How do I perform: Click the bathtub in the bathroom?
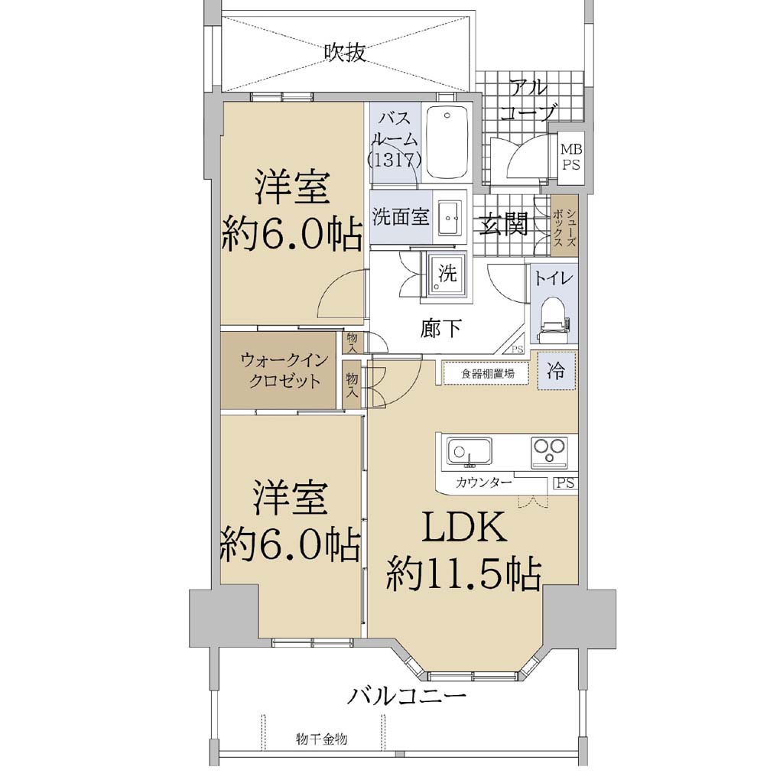[447, 143]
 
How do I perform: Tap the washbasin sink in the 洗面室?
[452, 217]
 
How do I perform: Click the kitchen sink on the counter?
[469, 451]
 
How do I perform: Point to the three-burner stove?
[549, 453]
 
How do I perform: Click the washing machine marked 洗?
[447, 277]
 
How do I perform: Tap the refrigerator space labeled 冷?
[557, 371]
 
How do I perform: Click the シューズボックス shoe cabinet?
[564, 226]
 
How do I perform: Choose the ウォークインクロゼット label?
[284, 370]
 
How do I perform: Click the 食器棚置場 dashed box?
[486, 373]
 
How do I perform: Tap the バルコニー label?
[407, 696]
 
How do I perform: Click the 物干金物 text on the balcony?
[321, 739]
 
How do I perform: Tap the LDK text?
[464, 528]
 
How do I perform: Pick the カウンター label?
[484, 482]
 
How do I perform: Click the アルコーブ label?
[528, 100]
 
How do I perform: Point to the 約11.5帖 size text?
[464, 574]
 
